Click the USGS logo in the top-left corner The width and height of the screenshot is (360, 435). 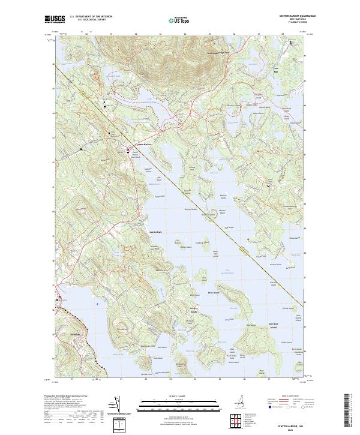(x=55, y=19)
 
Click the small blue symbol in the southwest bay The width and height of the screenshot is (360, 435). (x=97, y=304)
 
